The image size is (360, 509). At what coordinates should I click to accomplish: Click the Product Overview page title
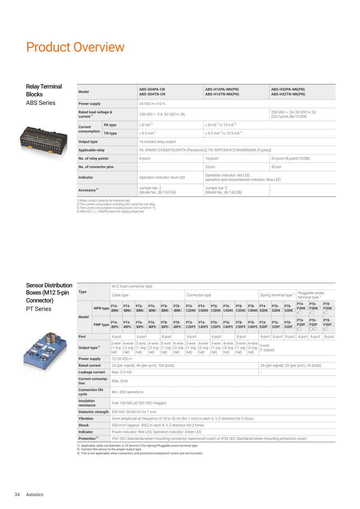pos(75,47)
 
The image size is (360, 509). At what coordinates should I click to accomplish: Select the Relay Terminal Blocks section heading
pos(44,90)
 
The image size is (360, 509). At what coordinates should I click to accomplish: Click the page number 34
pos(17,495)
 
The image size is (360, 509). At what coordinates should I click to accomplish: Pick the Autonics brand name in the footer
pos(35,495)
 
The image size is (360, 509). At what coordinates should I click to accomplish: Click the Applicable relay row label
pos(92,150)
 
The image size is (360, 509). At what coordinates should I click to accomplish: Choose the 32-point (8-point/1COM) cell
pos(290,158)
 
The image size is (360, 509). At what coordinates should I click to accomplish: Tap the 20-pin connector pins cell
pos(210,167)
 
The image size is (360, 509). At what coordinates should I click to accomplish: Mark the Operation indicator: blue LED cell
pos(162,177)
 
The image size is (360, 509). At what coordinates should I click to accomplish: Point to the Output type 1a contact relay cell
pos(157,142)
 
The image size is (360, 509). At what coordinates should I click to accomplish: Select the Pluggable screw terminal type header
pos(311,295)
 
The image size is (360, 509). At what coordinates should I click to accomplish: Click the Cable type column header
pos(120,295)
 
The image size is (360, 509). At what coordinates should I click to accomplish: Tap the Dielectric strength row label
pos(93,412)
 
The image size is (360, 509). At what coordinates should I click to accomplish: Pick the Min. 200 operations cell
pos(127,392)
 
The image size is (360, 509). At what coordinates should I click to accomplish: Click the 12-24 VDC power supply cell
pos(122,359)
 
